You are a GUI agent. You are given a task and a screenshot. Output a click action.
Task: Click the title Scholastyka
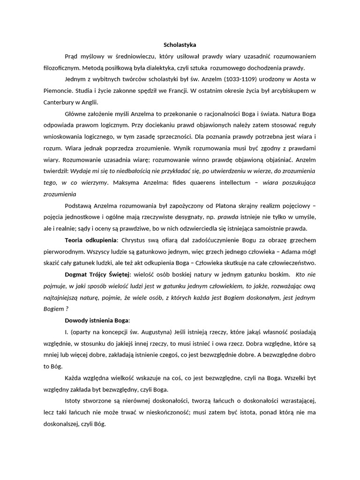click(180, 45)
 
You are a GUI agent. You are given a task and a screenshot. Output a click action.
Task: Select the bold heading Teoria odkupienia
click(91, 240)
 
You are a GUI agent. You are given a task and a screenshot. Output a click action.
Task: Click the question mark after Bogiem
click(67, 309)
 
